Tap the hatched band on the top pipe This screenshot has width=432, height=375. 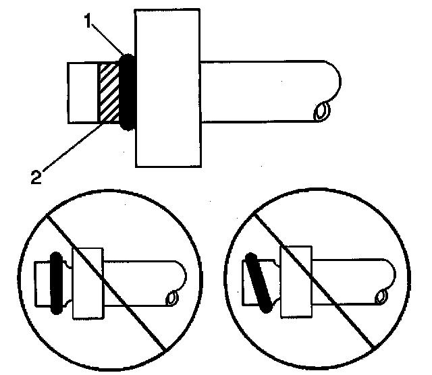108,92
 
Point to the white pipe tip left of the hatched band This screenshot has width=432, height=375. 83,92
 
